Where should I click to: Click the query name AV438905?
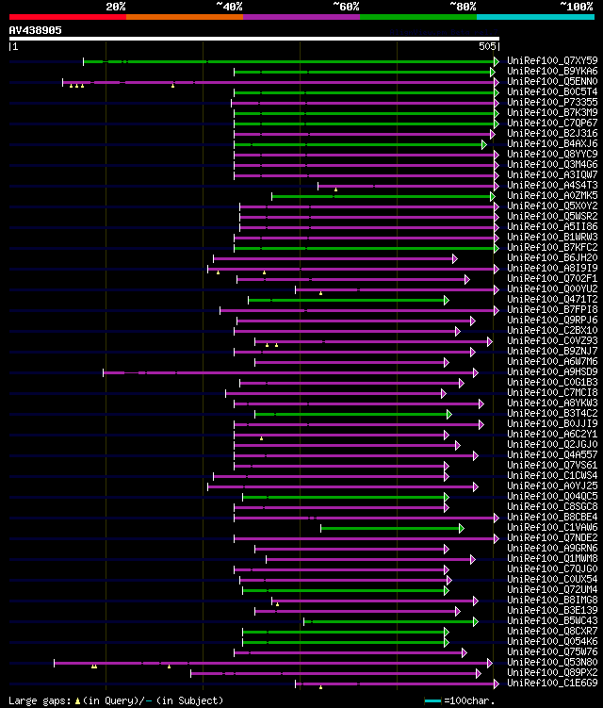pyautogui.click(x=36, y=30)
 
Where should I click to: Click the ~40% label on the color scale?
pyautogui.click(x=229, y=6)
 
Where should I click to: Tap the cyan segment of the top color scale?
pyautogui.click(x=535, y=16)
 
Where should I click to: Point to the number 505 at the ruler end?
pyautogui.click(x=487, y=46)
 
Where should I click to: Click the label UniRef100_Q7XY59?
pyautogui.click(x=551, y=61)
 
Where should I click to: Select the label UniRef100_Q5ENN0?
pyautogui.click(x=551, y=82)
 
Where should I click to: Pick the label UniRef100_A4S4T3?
pyautogui.click(x=551, y=186)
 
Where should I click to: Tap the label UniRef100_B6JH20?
pyautogui.click(x=551, y=258)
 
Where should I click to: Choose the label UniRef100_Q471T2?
pyautogui.click(x=551, y=300)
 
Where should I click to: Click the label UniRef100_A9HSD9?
pyautogui.click(x=551, y=372)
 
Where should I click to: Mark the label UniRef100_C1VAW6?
pyautogui.click(x=551, y=528)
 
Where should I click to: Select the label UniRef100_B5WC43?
pyautogui.click(x=551, y=621)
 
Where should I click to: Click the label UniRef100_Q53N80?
pyautogui.click(x=551, y=663)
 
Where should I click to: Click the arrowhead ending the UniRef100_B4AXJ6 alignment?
pyautogui.click(x=483, y=144)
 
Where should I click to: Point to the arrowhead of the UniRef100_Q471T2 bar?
pyautogui.click(x=447, y=300)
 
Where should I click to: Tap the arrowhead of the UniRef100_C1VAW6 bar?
pyautogui.click(x=461, y=528)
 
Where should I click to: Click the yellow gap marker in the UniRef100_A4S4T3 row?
pyautogui.click(x=335, y=189)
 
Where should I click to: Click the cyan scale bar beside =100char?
pyautogui.click(x=432, y=700)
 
